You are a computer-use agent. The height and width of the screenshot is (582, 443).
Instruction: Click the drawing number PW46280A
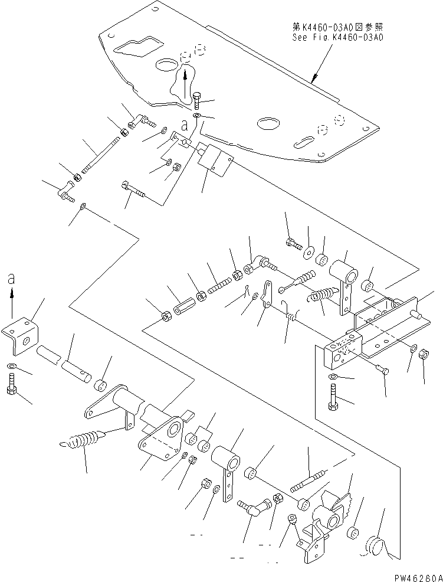[x=418, y=578]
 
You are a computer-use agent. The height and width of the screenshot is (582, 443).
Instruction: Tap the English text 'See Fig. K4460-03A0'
[x=337, y=37]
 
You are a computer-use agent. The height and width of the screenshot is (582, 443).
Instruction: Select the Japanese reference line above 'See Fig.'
[x=337, y=27]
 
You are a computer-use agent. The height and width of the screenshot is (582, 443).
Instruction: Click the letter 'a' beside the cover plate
[x=185, y=126]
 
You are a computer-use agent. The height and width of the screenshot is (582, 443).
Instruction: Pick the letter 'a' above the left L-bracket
[x=11, y=279]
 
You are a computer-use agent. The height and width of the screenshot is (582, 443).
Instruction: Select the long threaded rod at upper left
[x=100, y=155]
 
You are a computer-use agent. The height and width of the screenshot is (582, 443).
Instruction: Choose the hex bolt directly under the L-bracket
[x=11, y=384]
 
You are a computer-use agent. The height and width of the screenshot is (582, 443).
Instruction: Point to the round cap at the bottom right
[x=373, y=544]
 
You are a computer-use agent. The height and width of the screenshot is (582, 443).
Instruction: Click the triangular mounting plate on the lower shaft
[x=162, y=438]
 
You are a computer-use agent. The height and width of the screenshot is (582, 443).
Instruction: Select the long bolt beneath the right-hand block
[x=333, y=397]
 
